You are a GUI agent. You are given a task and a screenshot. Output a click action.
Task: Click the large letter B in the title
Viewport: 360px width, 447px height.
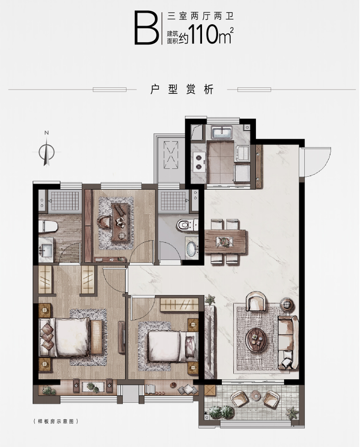point(147,28)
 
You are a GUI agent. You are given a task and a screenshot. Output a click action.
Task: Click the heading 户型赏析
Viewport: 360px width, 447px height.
point(182,90)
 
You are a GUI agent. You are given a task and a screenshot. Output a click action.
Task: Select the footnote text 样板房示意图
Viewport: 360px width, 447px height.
point(56,421)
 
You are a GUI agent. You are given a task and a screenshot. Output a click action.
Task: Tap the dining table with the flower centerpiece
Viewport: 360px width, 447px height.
point(225,242)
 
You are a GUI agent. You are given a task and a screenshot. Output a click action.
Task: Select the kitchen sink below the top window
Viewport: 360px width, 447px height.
point(222,132)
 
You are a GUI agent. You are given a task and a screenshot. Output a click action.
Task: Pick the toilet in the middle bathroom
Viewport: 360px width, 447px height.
point(187,225)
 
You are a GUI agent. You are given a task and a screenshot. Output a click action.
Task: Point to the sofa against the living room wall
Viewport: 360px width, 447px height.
point(288,343)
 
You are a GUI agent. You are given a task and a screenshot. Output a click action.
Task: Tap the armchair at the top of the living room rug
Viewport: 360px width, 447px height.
point(257,301)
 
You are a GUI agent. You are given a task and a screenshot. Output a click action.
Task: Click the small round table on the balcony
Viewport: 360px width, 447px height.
point(256,395)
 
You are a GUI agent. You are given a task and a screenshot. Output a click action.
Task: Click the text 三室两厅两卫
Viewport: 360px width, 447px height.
point(200,16)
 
